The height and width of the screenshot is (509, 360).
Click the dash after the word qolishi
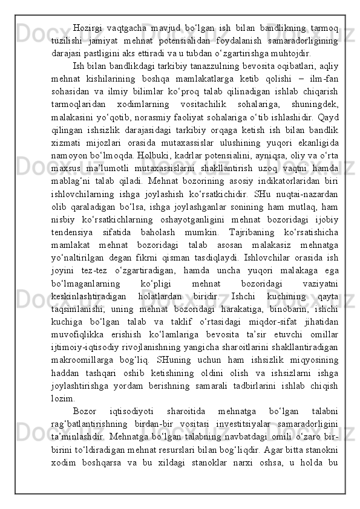click(x=299, y=78)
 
